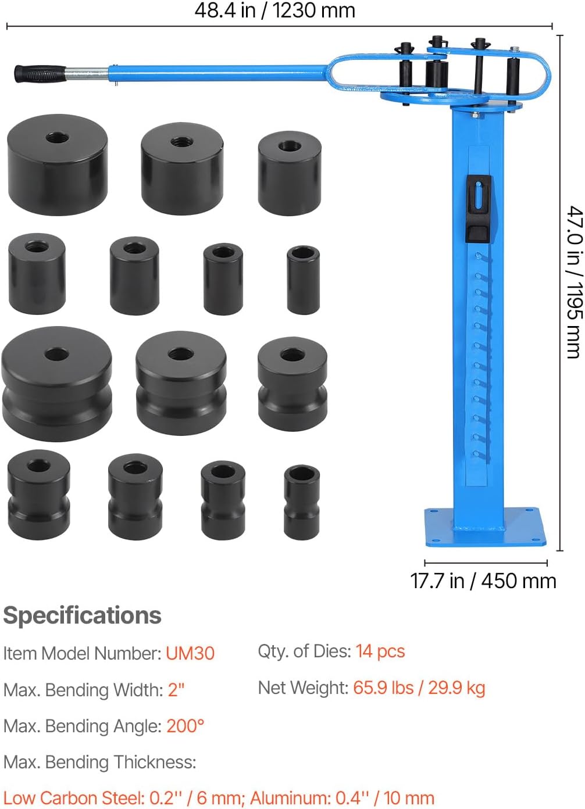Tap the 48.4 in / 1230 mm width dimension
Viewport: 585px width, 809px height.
tap(275, 10)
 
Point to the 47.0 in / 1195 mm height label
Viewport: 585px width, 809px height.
tap(575, 282)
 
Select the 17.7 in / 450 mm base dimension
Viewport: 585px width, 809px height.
tap(483, 581)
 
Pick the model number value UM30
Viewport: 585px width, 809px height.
tap(190, 653)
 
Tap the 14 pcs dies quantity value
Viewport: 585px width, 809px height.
tap(380, 651)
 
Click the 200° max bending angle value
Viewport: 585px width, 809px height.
tap(186, 725)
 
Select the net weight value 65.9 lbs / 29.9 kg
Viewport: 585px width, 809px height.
tap(419, 688)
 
